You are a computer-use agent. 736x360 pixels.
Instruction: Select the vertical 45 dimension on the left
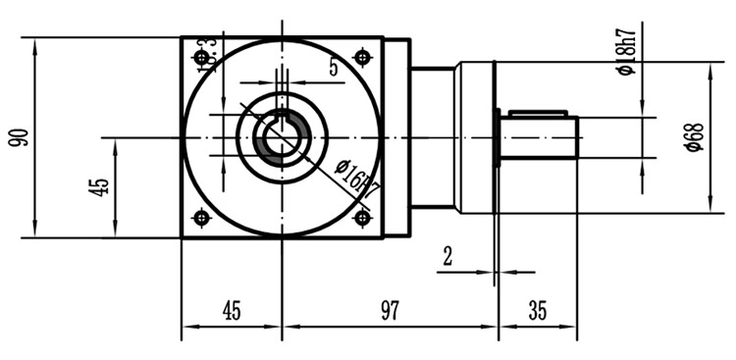pyautogui.click(x=98, y=187)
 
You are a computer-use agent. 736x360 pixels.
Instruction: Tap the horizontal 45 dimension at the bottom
pyautogui.click(x=231, y=311)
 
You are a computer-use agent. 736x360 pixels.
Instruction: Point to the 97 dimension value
pyautogui.click(x=390, y=311)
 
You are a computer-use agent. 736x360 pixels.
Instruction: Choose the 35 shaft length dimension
pyautogui.click(x=537, y=311)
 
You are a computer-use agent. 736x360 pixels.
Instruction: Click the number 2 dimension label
pyautogui.click(x=447, y=257)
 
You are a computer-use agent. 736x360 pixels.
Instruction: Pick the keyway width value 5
pyautogui.click(x=334, y=68)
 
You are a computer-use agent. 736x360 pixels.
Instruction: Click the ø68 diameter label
pyautogui.click(x=693, y=136)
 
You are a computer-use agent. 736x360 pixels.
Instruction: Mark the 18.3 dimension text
pyautogui.click(x=207, y=55)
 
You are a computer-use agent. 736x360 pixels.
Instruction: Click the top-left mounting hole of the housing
pyautogui.click(x=201, y=58)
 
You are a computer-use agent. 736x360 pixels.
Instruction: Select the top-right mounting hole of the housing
pyautogui.click(x=362, y=58)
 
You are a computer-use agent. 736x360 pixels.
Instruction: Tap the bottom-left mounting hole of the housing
pyautogui.click(x=201, y=218)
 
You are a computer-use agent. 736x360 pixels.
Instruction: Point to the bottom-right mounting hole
pyautogui.click(x=362, y=218)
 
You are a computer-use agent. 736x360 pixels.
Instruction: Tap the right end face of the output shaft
pyautogui.click(x=578, y=137)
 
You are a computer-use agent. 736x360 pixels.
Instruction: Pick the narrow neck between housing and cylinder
pyautogui.click(x=432, y=137)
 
